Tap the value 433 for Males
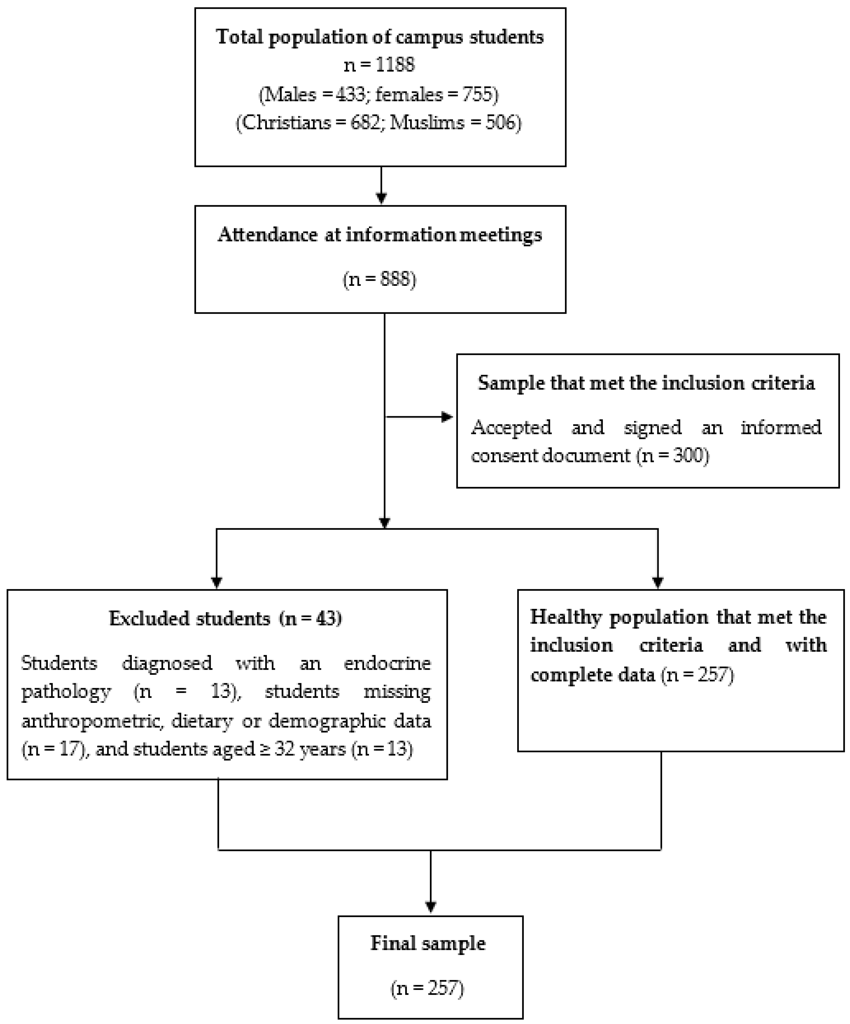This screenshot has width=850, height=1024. click(x=350, y=94)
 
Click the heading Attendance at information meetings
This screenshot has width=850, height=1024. click(x=380, y=235)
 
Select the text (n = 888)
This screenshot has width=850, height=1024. click(x=380, y=279)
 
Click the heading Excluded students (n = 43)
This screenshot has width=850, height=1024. click(x=225, y=618)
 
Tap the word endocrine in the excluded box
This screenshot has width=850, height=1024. click(x=387, y=663)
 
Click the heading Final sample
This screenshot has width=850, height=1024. click(x=428, y=943)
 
